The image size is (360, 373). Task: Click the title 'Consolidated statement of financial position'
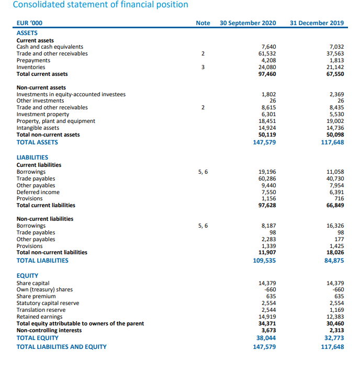coord(100,5)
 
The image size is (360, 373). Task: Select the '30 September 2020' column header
coord(248,23)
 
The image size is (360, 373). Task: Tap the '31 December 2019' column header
coord(316,23)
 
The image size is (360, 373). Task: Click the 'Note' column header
coord(203,23)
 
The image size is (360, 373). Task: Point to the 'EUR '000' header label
coord(30,23)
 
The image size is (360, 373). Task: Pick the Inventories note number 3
coord(203,67)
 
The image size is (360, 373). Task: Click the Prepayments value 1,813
coord(336,60)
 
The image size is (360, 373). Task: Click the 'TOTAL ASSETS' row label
coord(37,142)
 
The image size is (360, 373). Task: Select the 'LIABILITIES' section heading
coord(32,157)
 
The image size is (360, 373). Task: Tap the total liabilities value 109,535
coord(264,260)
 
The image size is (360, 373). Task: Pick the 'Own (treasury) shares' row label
coord(44,289)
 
